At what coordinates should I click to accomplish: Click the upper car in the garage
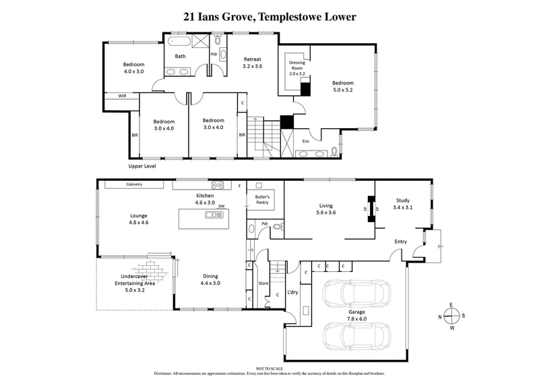tap(352, 292)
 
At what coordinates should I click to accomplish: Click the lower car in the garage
tap(352, 336)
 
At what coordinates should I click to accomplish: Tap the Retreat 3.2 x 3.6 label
tap(253, 63)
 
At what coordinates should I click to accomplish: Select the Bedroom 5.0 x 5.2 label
tap(342, 86)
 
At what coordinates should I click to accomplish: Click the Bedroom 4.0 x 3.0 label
tap(133, 68)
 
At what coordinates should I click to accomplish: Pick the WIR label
tap(122, 97)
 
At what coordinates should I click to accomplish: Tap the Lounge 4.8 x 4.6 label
tap(139, 219)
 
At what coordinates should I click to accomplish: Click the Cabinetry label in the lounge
tap(137, 184)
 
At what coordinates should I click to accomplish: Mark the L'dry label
tap(292, 292)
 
